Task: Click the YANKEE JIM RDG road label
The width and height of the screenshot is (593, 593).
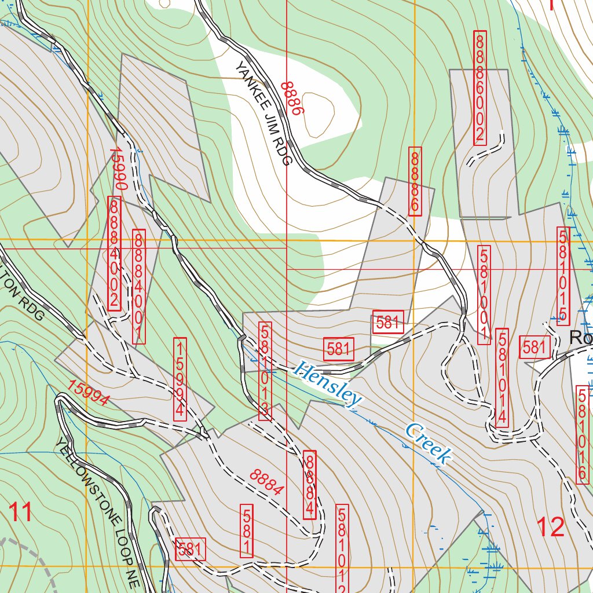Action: [x=261, y=114]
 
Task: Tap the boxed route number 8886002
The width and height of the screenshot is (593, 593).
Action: [x=479, y=87]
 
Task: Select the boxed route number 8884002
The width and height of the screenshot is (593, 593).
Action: [x=114, y=254]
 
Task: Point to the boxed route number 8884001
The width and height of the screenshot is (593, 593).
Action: [x=139, y=287]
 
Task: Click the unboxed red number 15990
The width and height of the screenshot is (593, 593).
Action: [x=118, y=169]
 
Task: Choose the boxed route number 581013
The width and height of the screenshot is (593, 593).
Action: [x=265, y=371]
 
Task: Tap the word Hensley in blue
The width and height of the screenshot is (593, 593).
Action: [x=327, y=383]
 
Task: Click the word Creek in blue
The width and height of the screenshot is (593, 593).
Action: [x=428, y=443]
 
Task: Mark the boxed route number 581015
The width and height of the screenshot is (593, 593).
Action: [x=563, y=276]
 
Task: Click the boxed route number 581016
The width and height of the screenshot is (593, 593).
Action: [x=583, y=434]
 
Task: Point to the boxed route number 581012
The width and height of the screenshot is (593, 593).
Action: [x=342, y=547]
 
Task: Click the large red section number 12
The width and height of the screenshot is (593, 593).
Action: [x=550, y=527]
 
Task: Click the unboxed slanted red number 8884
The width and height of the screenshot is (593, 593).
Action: [x=267, y=482]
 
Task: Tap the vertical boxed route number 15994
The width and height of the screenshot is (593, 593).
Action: [x=180, y=379]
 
